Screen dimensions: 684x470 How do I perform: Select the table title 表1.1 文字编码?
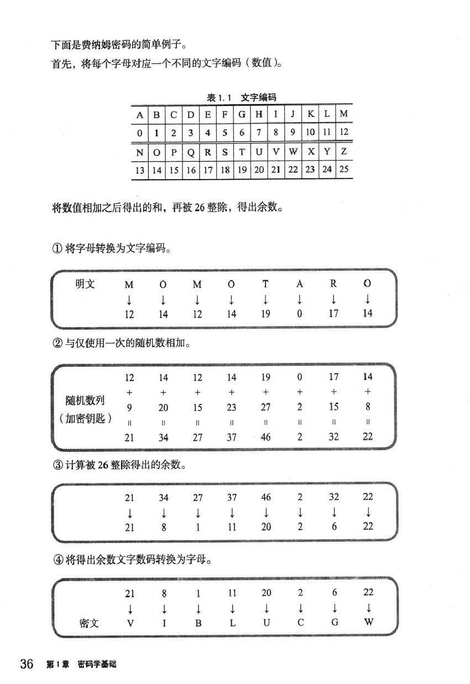pos(241,97)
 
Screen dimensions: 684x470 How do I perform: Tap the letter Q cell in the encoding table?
pos(191,152)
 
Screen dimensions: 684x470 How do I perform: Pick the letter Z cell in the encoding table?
pos(344,151)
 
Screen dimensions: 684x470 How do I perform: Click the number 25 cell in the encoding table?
pos(344,169)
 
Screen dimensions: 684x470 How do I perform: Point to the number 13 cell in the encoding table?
pos(139,170)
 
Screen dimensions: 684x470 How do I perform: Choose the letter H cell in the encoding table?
pos(259,114)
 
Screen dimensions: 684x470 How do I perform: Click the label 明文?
pos(85,284)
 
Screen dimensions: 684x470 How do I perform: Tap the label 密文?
pos(89,623)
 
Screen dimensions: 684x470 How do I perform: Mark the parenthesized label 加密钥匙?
pos(85,418)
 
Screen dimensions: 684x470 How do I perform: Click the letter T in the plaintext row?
pos(265,284)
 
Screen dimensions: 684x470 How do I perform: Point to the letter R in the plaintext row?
pos(333,284)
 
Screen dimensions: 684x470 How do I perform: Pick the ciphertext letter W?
pos(368,622)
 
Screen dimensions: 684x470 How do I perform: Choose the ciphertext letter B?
pos(197,623)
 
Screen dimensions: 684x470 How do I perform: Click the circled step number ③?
pos(58,465)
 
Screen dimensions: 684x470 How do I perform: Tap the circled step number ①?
pos(57,249)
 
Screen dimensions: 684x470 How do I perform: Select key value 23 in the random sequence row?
pos(232,407)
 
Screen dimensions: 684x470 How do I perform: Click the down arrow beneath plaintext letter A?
pos(300,299)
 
